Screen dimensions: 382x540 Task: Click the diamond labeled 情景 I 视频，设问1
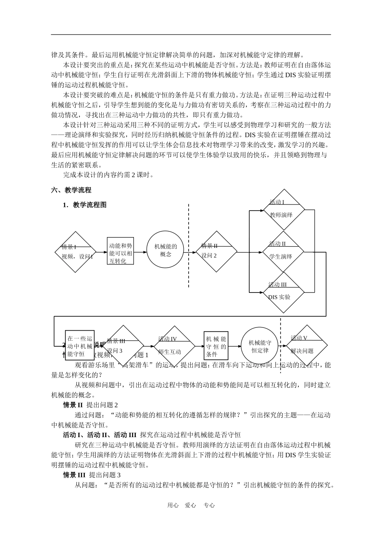pos(76,252)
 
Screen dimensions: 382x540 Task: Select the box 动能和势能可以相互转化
pos(121,253)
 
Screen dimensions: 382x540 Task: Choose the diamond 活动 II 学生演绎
pos(283,252)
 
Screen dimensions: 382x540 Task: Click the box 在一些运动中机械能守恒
pos(80,345)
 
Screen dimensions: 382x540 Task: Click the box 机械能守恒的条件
pos(216,346)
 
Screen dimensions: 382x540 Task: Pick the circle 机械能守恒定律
pos(260,346)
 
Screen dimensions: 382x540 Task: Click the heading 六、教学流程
pos(71,190)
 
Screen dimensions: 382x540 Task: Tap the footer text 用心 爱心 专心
pos(191,505)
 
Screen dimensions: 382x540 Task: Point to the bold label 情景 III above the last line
pos(74,475)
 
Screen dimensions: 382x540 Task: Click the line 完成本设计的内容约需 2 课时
pos(109,175)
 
